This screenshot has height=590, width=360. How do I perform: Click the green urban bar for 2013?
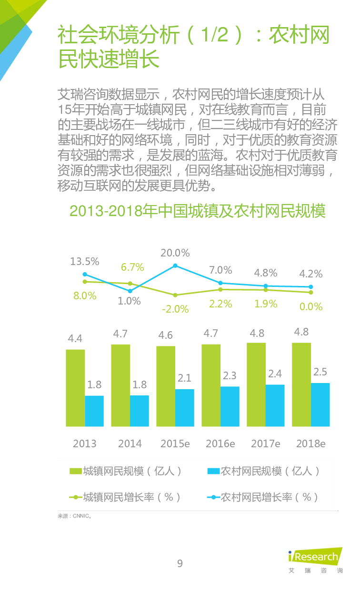click(x=75, y=388)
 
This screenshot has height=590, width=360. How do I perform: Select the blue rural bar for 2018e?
click(x=320, y=404)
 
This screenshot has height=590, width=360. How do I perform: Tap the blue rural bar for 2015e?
click(x=184, y=408)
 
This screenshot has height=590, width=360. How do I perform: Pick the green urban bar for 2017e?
click(x=256, y=384)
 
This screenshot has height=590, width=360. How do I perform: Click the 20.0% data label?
click(x=175, y=253)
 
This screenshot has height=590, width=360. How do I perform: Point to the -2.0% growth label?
click(x=175, y=309)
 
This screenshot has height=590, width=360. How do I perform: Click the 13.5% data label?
click(x=85, y=261)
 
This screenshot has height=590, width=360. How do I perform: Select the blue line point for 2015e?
click(x=175, y=265)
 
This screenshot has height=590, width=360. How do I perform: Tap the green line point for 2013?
click(x=85, y=282)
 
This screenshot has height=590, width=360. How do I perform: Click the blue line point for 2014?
click(x=130, y=291)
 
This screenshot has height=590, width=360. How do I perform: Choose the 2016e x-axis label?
click(x=220, y=443)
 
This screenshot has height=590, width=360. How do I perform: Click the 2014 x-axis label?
click(x=130, y=443)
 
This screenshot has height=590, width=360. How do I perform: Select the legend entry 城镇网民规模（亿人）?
click(x=126, y=471)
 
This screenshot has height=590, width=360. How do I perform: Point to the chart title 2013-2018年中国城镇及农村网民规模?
click(x=198, y=211)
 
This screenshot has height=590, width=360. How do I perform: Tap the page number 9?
click(x=180, y=564)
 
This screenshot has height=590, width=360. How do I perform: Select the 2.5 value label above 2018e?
click(x=320, y=372)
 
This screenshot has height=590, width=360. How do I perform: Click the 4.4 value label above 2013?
click(x=75, y=338)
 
